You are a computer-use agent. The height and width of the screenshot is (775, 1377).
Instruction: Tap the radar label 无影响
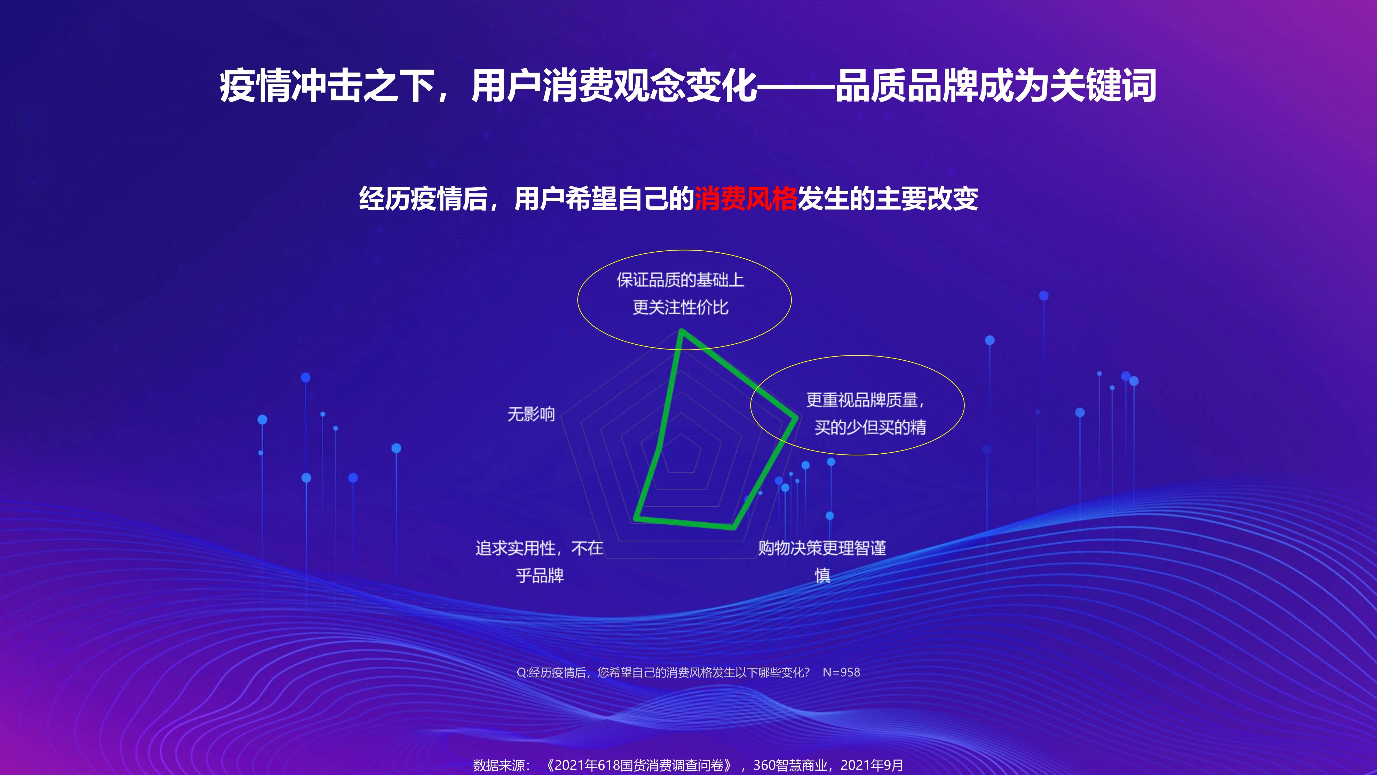(x=531, y=414)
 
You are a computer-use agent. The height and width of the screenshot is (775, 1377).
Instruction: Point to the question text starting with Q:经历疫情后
(x=663, y=672)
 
